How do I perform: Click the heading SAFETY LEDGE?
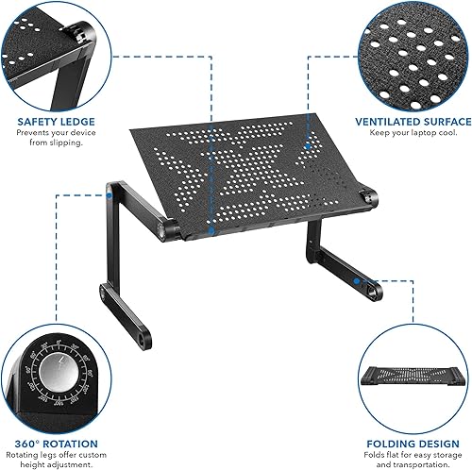[49, 122]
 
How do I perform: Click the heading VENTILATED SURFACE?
[413, 122]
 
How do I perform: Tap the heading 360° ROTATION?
[57, 416]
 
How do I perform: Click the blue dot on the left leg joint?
[112, 196]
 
